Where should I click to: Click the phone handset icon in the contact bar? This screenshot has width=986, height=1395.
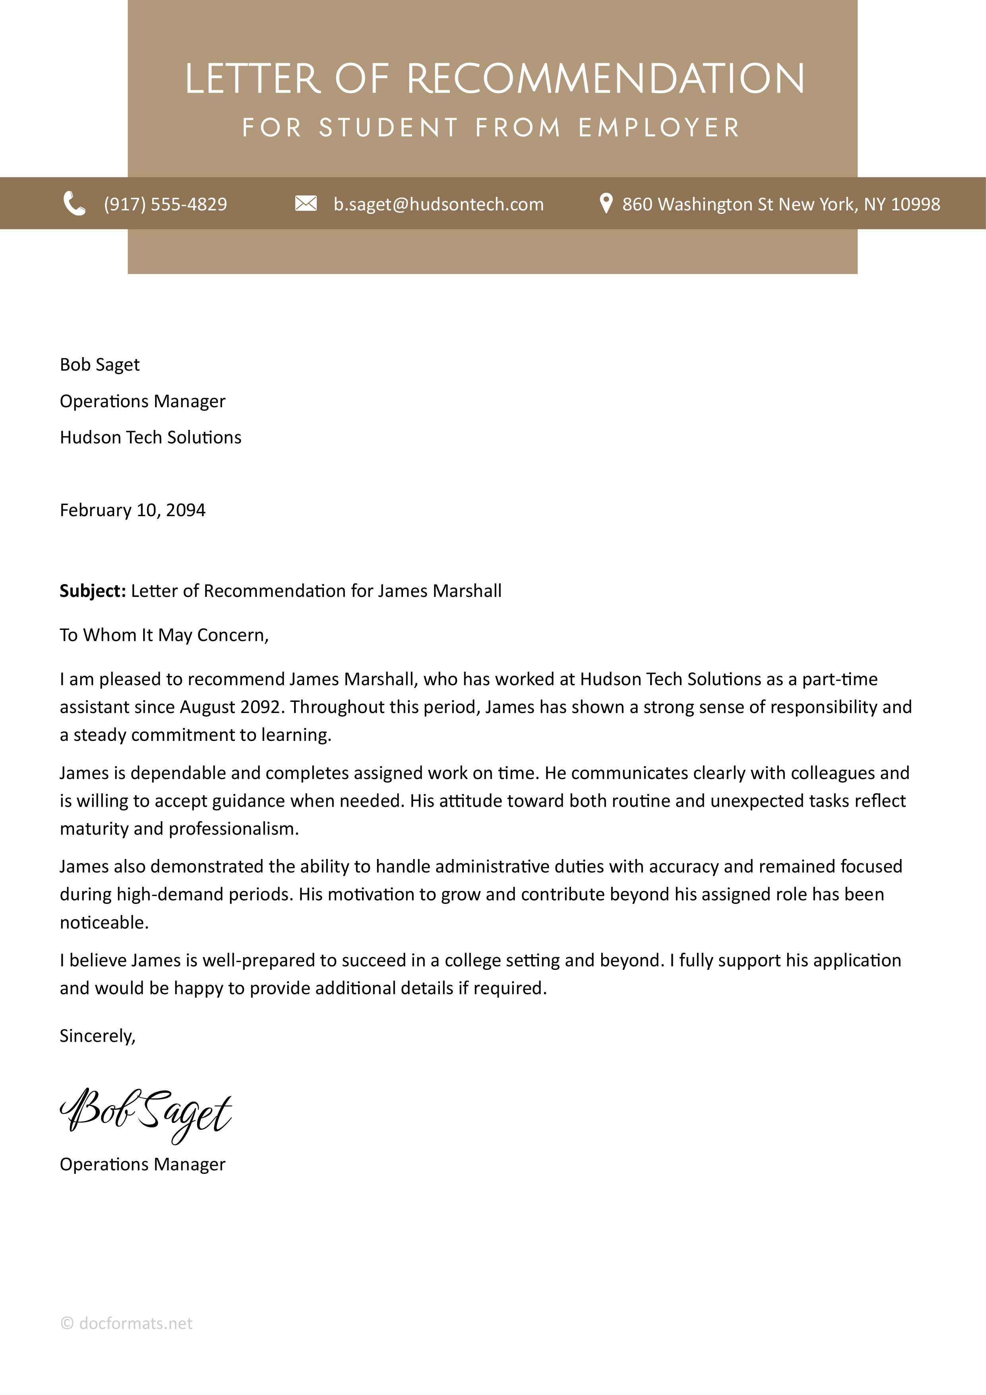pos(74,204)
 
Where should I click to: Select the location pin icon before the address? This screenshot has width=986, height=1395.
pos(605,204)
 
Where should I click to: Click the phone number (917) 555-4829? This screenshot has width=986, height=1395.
pos(165,204)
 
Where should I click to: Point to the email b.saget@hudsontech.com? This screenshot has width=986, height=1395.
pos(438,204)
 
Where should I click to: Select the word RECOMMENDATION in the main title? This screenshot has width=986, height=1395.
pos(605,79)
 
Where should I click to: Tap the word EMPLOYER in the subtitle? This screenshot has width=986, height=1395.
pos(659,128)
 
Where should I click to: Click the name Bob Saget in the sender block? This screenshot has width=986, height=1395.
pos(100,365)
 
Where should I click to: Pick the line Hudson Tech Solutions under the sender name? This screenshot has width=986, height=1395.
pos(151,437)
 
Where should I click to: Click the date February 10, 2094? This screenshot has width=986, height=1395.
pos(132,510)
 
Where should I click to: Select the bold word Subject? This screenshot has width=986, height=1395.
pos(92,591)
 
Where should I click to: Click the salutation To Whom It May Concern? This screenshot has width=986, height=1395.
pos(164,635)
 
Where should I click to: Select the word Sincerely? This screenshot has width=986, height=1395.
pos(97,1036)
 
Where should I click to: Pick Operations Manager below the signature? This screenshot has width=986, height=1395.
pos(142,1164)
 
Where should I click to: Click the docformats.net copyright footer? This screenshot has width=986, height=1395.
pos(126,1323)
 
